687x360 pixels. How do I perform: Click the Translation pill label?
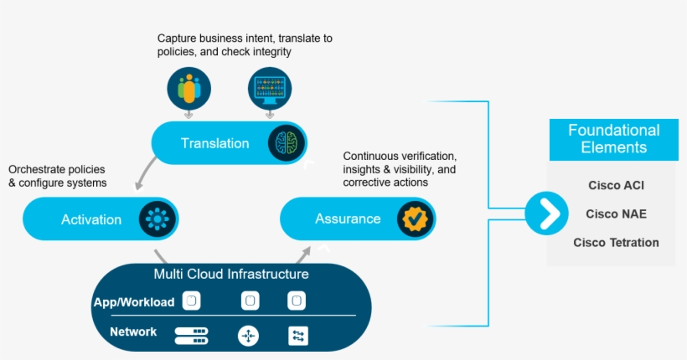(x=214, y=143)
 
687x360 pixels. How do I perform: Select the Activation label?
(x=91, y=219)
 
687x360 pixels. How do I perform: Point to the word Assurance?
(x=348, y=219)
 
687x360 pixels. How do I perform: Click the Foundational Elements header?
(x=613, y=139)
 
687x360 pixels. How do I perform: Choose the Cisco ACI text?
(x=616, y=186)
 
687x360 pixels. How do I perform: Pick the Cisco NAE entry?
(x=616, y=214)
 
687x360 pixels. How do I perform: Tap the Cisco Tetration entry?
(x=616, y=243)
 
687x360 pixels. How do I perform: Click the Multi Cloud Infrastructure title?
(x=230, y=275)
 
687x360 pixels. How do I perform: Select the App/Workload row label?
(x=134, y=301)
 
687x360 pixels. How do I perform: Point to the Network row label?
(x=133, y=332)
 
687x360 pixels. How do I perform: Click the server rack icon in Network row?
(x=191, y=336)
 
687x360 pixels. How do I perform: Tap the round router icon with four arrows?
(x=249, y=336)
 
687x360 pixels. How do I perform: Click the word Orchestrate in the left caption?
(x=37, y=169)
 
